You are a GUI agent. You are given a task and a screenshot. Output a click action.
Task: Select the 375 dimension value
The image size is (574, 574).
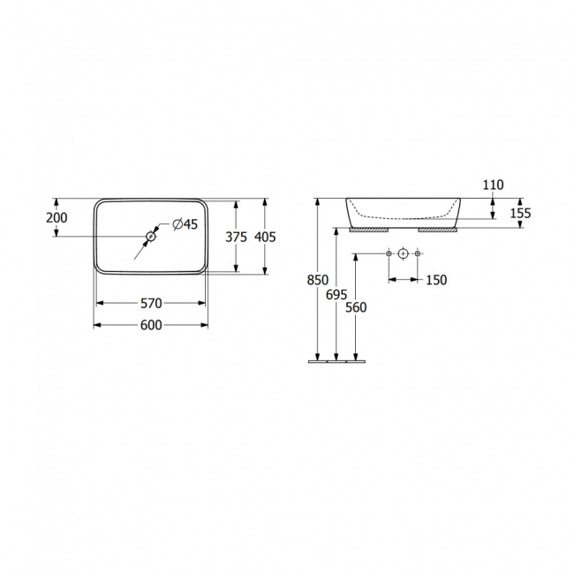pyautogui.click(x=236, y=237)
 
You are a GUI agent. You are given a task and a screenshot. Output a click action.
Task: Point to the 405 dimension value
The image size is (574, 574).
pyautogui.click(x=265, y=237)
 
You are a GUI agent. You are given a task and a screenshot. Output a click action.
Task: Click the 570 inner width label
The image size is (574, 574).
pyautogui.click(x=151, y=303)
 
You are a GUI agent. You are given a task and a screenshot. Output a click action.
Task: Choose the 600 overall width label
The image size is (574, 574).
pyautogui.click(x=151, y=325)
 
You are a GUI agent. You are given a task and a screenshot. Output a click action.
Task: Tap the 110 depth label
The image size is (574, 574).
pyautogui.click(x=493, y=185)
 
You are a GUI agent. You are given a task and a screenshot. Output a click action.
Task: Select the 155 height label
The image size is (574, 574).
pyautogui.click(x=520, y=213)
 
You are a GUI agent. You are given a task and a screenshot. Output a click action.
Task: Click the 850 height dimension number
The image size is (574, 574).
pyautogui.click(x=317, y=280)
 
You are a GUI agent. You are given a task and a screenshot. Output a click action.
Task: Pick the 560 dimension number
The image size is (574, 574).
pyautogui.click(x=356, y=307)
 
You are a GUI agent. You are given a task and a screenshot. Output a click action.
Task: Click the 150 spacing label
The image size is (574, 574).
pyautogui.click(x=436, y=280)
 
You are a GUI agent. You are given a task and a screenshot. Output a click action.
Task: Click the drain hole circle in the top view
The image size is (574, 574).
pyautogui.click(x=151, y=237)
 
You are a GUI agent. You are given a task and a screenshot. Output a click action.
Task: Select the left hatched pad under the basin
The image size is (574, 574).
pyautogui.click(x=369, y=229)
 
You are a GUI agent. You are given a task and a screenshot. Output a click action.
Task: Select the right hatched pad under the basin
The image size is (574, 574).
pyautogui.click(x=437, y=229)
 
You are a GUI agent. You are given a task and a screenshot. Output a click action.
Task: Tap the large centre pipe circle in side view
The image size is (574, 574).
pyautogui.click(x=404, y=254)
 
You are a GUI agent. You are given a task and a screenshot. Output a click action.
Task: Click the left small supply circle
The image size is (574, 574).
pyautogui.click(x=389, y=254)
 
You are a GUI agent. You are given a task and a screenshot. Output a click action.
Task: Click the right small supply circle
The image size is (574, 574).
pyautogui.click(x=419, y=254)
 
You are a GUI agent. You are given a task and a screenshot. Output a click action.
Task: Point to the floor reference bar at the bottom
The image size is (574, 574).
pyautogui.click(x=336, y=361)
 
